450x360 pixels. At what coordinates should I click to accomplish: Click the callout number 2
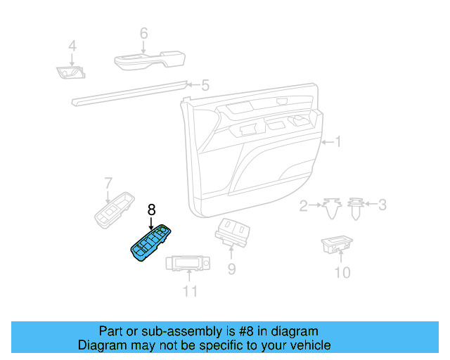(304, 206)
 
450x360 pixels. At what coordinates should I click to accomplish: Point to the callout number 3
(382, 205)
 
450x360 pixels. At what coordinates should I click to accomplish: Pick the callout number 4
(71, 47)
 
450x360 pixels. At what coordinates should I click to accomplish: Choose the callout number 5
(205, 86)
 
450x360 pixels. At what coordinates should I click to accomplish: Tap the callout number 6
(143, 33)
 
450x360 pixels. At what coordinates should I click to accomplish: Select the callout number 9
(231, 269)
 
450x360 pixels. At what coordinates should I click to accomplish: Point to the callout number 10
(342, 272)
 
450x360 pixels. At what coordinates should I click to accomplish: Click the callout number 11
(190, 290)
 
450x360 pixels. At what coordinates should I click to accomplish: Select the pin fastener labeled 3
(356, 208)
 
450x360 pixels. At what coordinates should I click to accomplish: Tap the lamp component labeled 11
(188, 264)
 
